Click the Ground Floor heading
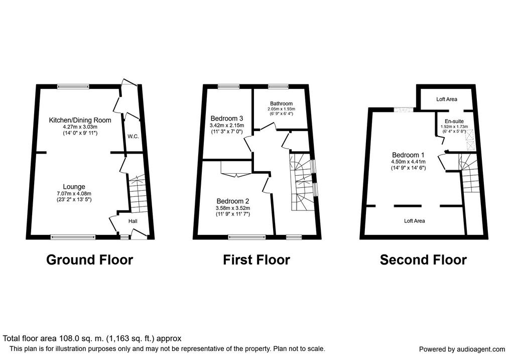coord(89,260)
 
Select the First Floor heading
coord(256,260)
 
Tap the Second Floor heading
coord(423,260)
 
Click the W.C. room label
coord(133,137)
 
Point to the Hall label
coord(133,221)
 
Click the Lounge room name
coord(74,187)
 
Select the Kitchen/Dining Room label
coord(80,120)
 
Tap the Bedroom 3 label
coord(227,118)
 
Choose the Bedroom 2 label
coord(233,201)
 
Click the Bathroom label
coord(281,103)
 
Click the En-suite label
coord(454,122)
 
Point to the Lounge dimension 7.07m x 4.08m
coord(74,193)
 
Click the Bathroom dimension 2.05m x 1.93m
coord(281,109)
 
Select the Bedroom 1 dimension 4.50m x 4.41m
coord(408,162)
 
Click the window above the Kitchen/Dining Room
coord(73,86)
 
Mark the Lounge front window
coord(73,237)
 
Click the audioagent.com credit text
coord(462,349)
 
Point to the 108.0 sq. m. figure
coord(82,338)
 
